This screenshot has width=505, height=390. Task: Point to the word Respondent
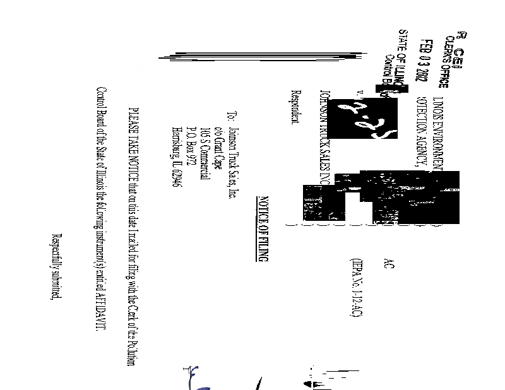tap(294, 106)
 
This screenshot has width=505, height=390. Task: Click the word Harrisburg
tap(174, 142)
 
